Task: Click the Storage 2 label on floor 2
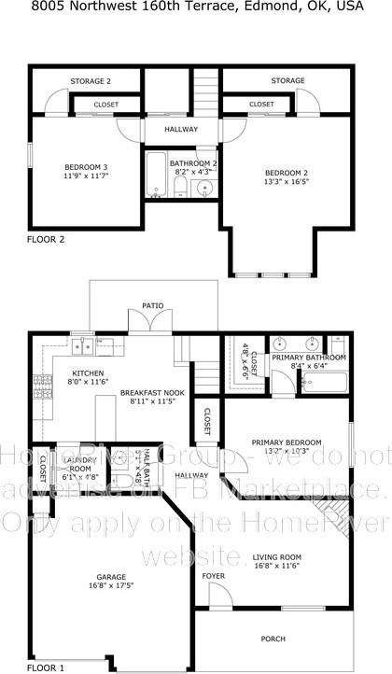click(x=91, y=81)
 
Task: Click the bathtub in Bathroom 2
click(x=155, y=177)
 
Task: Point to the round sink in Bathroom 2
click(x=205, y=188)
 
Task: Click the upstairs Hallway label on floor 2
click(x=182, y=129)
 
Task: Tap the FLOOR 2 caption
click(x=46, y=239)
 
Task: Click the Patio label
click(x=153, y=305)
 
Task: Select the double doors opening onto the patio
click(x=149, y=324)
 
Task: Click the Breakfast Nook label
click(x=153, y=394)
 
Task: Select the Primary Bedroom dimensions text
click(x=286, y=451)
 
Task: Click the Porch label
click(x=274, y=638)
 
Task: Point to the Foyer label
click(x=214, y=575)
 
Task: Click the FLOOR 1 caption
click(x=46, y=667)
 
